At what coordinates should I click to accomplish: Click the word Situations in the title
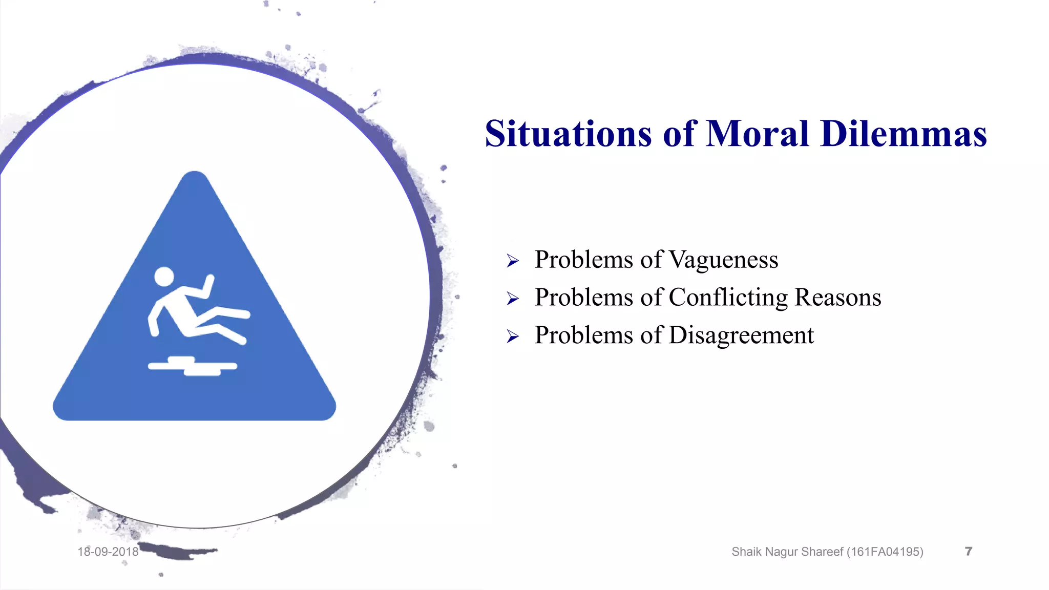point(568,134)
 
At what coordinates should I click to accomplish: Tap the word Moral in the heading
point(758,134)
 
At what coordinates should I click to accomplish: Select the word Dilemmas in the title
point(903,134)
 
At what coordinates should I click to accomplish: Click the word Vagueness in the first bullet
point(723,260)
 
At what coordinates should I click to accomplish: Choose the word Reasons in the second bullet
point(837,298)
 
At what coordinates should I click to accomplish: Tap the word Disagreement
point(741,335)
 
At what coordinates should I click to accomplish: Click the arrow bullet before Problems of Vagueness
point(513,261)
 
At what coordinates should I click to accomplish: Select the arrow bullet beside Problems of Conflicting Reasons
point(513,299)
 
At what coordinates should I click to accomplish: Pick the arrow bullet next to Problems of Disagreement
point(513,336)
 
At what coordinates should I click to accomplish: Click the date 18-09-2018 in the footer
point(108,552)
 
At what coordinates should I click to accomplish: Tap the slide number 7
point(968,551)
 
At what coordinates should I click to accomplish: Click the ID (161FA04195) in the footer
point(885,552)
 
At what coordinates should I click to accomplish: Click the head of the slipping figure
point(164,277)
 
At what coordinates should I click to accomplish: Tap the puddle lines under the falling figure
point(192,366)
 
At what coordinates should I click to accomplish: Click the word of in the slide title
point(680,134)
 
